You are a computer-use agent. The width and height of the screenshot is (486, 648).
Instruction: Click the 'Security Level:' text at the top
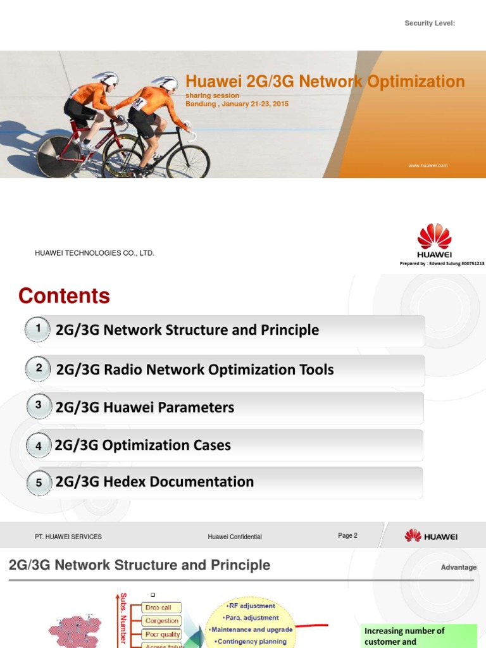point(430,23)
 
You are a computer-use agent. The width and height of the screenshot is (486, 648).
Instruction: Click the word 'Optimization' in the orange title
point(418,82)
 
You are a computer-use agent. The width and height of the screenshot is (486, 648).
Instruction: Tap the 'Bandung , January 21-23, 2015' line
point(237,103)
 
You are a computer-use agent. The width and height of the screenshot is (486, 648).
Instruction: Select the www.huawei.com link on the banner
point(428,165)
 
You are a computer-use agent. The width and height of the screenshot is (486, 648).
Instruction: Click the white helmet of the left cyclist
point(106,78)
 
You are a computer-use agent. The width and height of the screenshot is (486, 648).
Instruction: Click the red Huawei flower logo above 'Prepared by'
point(434,236)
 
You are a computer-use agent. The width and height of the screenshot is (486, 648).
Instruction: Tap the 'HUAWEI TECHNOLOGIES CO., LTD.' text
point(94,253)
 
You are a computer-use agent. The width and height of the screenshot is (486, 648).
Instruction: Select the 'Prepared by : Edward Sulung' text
point(442,263)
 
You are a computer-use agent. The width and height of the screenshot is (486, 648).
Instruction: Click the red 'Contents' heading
point(64,296)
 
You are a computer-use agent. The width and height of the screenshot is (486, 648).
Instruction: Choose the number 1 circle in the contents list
point(39,329)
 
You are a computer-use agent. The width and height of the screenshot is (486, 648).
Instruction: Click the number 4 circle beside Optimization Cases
point(39,446)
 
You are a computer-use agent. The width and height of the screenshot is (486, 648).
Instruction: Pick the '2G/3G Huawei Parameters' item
point(145,408)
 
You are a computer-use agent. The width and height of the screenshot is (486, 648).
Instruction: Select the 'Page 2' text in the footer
point(347,535)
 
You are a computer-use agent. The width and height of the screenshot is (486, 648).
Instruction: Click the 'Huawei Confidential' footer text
point(235,537)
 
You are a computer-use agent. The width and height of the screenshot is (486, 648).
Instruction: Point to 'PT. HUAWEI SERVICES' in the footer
point(68,537)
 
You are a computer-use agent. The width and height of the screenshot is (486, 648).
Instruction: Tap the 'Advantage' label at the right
point(459,567)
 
